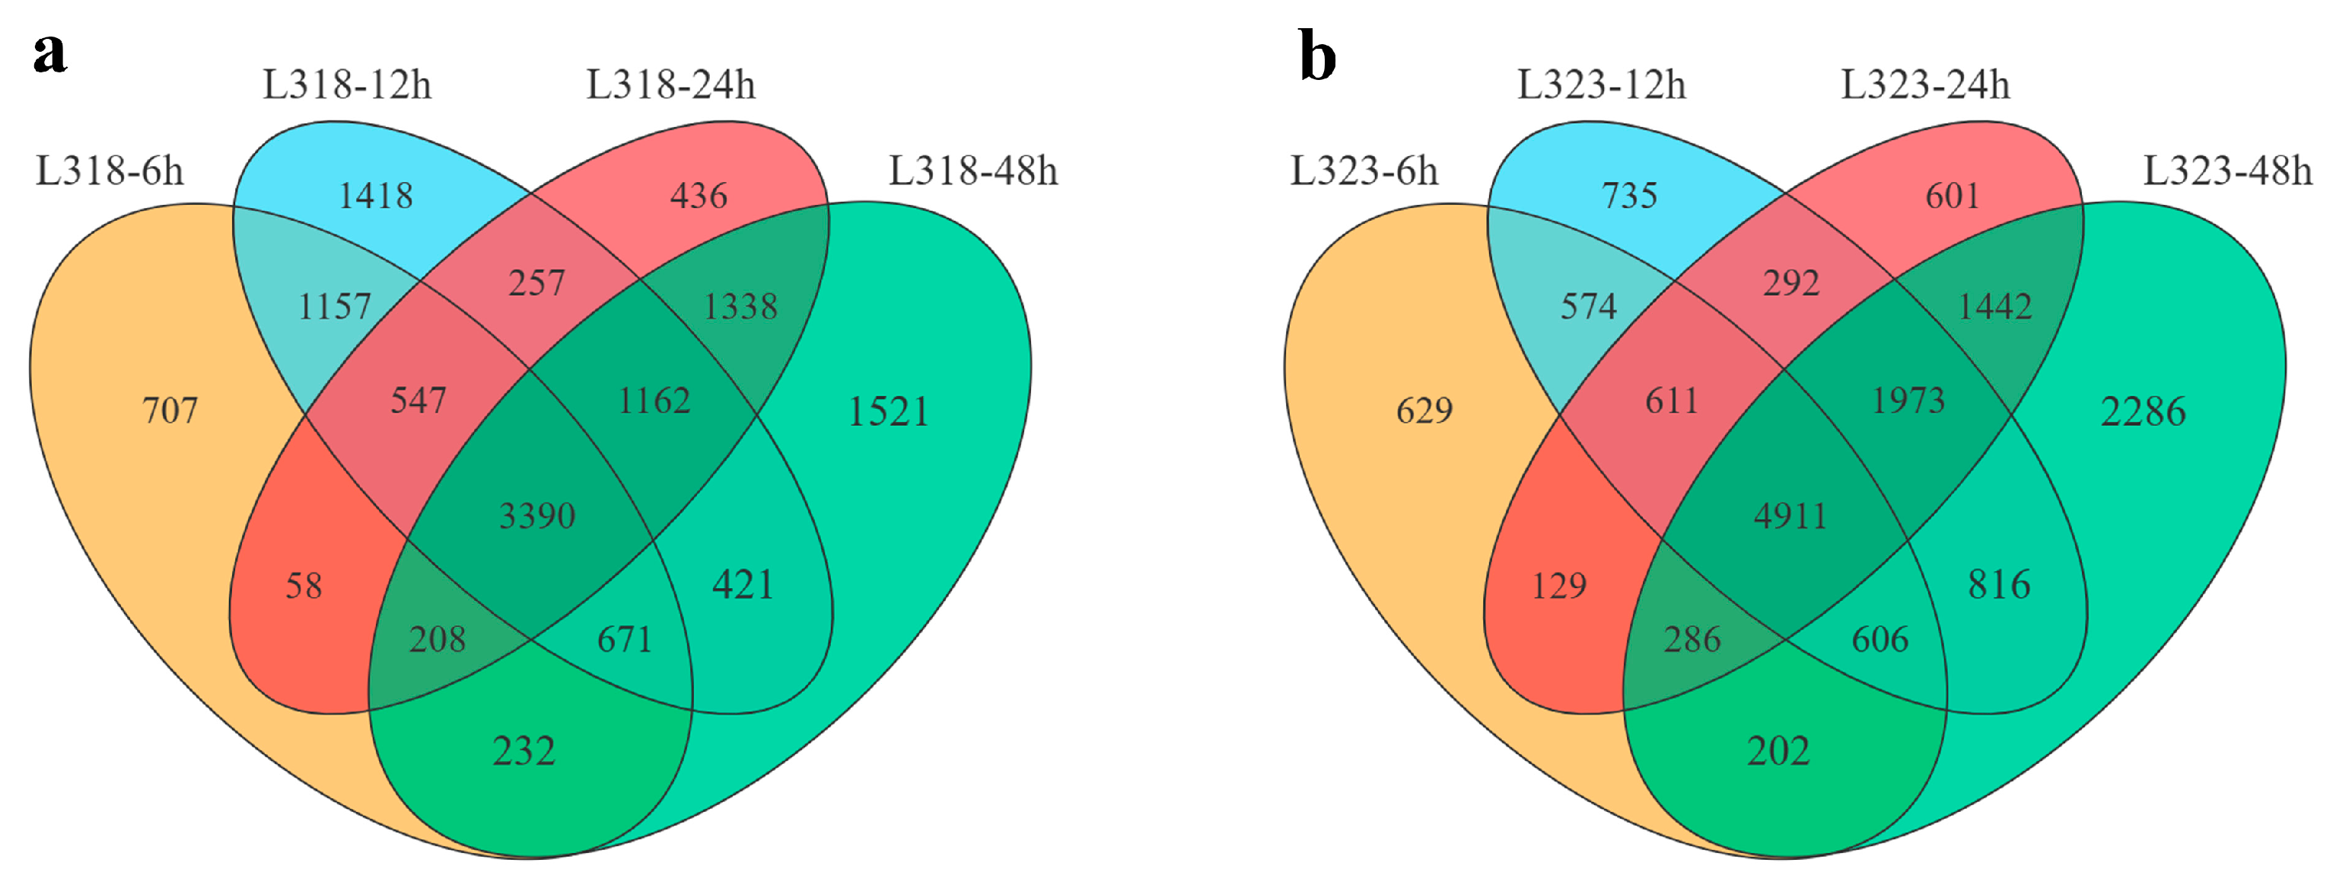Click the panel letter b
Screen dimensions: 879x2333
coord(1318,56)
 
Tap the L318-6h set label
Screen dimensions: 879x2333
coord(110,171)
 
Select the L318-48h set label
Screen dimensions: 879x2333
coord(972,171)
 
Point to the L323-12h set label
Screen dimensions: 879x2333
coord(1601,85)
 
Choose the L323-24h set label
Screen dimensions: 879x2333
coord(1925,85)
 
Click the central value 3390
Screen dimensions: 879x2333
coord(537,516)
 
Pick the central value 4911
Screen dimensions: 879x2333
coord(1790,516)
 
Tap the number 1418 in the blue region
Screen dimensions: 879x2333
coord(375,196)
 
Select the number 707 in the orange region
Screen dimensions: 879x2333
coord(170,411)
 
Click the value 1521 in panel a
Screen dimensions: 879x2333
coord(889,412)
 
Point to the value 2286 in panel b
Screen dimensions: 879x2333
coord(2143,412)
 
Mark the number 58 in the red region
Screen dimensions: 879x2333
coord(304,587)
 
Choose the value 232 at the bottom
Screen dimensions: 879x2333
coord(524,751)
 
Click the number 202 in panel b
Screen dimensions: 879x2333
coord(1778,751)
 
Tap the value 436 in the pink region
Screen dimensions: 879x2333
coord(699,196)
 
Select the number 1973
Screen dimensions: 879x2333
coord(1908,401)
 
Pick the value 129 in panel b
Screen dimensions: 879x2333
coord(1558,587)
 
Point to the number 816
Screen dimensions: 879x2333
coord(1999,584)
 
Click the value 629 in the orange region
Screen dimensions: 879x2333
coord(1424,411)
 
